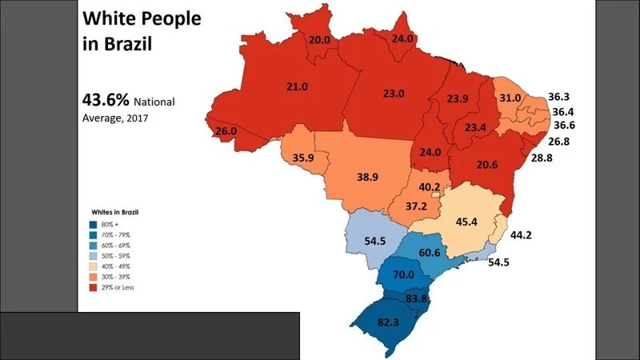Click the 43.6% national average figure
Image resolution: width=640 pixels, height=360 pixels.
tap(106, 102)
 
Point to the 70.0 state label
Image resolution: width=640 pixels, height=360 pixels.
tap(404, 274)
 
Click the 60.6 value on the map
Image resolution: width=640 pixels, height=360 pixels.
tap(429, 253)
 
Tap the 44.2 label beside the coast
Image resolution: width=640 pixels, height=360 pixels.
tap(522, 234)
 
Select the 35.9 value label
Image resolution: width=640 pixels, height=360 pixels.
tap(303, 158)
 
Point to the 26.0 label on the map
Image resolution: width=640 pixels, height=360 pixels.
tap(226, 131)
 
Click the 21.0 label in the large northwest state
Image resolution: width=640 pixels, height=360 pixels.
tap(298, 86)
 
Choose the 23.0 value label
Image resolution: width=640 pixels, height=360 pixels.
tap(394, 94)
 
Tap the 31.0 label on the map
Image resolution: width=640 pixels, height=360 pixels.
tap(510, 98)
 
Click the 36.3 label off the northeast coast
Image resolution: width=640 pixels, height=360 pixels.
tap(559, 98)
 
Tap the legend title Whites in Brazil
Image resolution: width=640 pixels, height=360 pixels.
tap(117, 211)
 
